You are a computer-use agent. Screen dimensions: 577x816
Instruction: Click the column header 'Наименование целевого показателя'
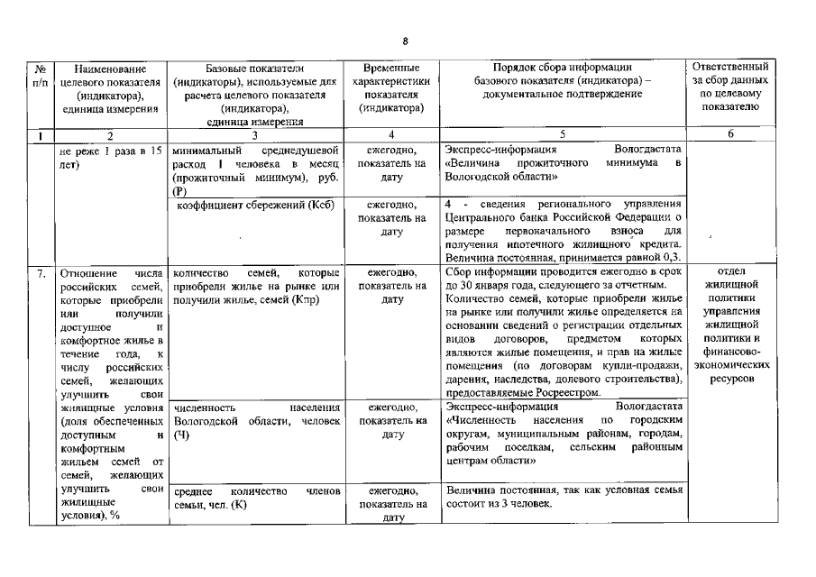112,87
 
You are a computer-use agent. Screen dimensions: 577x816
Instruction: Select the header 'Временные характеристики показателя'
391,87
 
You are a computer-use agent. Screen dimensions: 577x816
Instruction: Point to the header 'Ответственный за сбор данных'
729,87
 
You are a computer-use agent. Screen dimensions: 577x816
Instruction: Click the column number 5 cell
562,134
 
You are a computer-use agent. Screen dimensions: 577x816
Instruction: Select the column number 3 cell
255,134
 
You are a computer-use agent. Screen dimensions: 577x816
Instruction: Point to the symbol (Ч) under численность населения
178,435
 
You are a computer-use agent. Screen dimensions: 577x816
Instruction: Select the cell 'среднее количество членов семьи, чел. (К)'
255,498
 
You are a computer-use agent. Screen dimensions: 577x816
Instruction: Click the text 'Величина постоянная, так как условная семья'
564,490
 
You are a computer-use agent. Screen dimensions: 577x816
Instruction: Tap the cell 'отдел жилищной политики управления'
729,298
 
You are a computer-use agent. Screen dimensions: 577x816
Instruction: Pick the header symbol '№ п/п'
40,75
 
